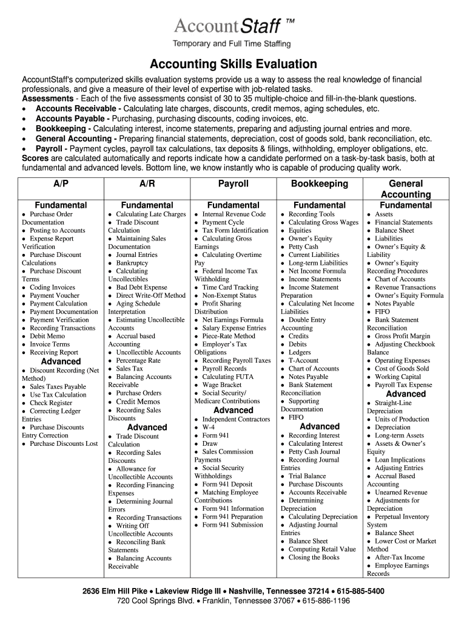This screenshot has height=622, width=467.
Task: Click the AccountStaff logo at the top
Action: pyautogui.click(x=233, y=27)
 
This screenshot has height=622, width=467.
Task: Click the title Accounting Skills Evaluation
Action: pyautogui.click(x=233, y=64)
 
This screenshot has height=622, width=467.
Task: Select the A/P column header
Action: pyautogui.click(x=61, y=183)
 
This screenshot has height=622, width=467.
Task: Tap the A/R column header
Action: pyautogui.click(x=147, y=183)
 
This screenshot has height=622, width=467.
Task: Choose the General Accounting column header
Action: pyautogui.click(x=406, y=189)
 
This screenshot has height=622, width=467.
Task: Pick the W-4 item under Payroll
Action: pyautogui.click(x=210, y=428)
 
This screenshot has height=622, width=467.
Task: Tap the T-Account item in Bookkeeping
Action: pyautogui.click(x=303, y=360)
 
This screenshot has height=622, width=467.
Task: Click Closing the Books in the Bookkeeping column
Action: pyautogui.click(x=314, y=557)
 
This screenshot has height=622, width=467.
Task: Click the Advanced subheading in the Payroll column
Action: pyautogui.click(x=233, y=410)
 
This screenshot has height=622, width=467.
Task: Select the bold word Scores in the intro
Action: pyautogui.click(x=36, y=158)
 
